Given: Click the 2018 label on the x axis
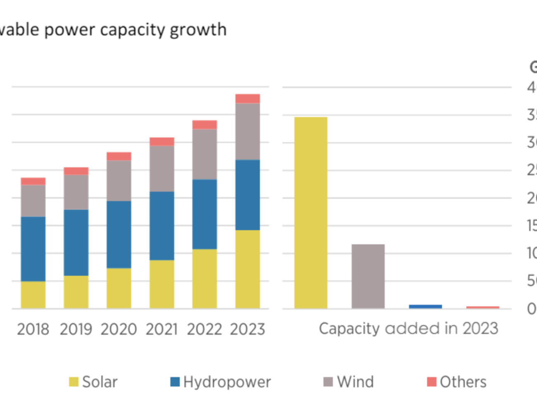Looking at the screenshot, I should click(x=33, y=329).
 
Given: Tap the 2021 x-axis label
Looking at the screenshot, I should click(x=162, y=329).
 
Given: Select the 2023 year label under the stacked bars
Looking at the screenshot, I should click(x=247, y=329).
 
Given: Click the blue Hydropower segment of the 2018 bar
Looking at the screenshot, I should click(x=33, y=249).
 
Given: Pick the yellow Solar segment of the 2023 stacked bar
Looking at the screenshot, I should click(x=247, y=269).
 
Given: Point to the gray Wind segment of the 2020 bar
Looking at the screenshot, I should click(x=119, y=181).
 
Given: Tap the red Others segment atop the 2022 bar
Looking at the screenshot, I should click(x=204, y=125).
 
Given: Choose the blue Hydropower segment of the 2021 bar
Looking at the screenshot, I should click(x=162, y=226).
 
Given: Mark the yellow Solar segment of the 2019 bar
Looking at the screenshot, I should click(x=76, y=292).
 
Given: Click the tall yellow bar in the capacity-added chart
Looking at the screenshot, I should click(x=311, y=212).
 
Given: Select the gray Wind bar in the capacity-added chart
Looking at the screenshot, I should click(x=368, y=276).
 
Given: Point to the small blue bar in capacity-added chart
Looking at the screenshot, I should click(x=425, y=307).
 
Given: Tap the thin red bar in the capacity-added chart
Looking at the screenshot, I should click(x=482, y=308).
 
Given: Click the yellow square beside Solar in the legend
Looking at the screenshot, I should click(x=74, y=382).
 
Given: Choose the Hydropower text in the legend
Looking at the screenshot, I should click(x=227, y=382).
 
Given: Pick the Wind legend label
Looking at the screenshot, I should click(x=355, y=382).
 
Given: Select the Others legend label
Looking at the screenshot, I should click(x=463, y=382).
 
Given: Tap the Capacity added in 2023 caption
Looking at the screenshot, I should click(x=409, y=329).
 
